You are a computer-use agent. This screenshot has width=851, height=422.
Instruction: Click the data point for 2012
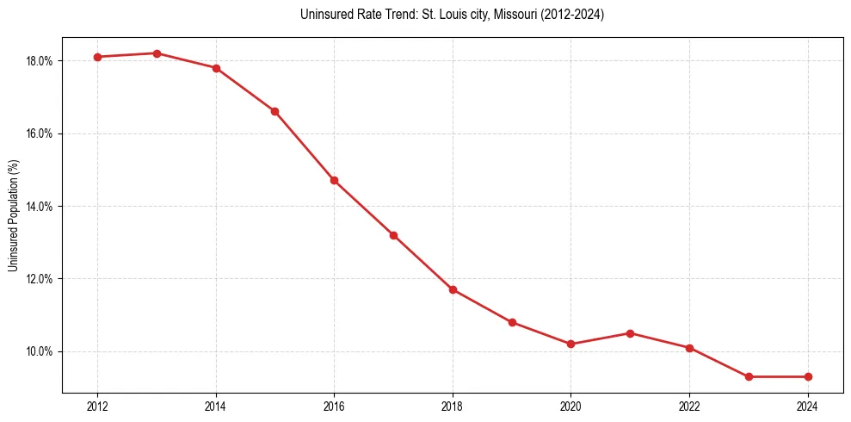[97, 57]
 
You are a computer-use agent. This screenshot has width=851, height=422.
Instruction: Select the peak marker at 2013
[157, 53]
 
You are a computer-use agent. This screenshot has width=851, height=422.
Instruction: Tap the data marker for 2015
[274, 111]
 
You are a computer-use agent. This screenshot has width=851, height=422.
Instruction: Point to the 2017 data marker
[393, 235]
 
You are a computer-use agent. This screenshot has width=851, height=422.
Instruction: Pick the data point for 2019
[512, 322]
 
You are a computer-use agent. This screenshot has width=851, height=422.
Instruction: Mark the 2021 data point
[631, 333]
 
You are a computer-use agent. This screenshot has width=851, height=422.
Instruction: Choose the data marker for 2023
[749, 376]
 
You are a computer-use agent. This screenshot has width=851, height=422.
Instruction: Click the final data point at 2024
[808, 376]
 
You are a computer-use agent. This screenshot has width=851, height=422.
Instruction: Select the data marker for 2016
[334, 180]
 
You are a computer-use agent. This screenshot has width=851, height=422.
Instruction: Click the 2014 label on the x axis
[216, 406]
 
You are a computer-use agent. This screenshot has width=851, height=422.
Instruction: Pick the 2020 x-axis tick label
[571, 406]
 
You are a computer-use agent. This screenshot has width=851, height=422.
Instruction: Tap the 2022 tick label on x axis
[689, 406]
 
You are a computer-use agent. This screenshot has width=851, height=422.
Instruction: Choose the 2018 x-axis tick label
[453, 406]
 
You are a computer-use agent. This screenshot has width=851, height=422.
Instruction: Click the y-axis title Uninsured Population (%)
[14, 215]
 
